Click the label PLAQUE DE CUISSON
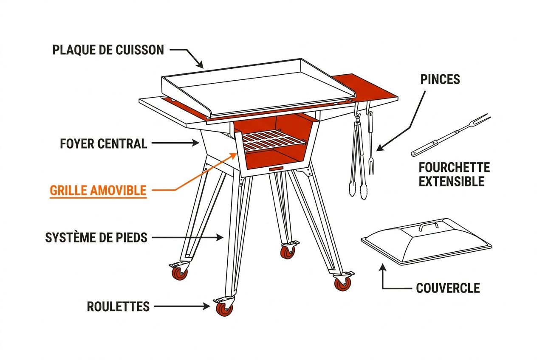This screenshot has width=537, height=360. click(108, 50)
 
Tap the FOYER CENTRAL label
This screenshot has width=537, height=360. click(103, 144)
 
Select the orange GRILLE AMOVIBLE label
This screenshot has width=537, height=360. click(98, 191)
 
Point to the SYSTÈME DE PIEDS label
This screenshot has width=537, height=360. click(96, 238)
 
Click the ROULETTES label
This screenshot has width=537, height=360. click(118, 307)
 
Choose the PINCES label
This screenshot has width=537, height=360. click(440, 79)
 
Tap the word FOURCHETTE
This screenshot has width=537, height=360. click(454, 167)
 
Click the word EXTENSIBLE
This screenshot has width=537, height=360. click(452, 181)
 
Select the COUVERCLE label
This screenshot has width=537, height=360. click(448, 288)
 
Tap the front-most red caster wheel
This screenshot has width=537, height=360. click(224, 309)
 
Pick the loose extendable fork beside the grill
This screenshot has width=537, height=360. click(451, 135)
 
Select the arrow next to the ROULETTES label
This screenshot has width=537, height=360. click(182, 307)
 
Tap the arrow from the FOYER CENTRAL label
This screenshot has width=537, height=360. click(175, 143)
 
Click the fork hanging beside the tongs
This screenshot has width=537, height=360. click(370, 141)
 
